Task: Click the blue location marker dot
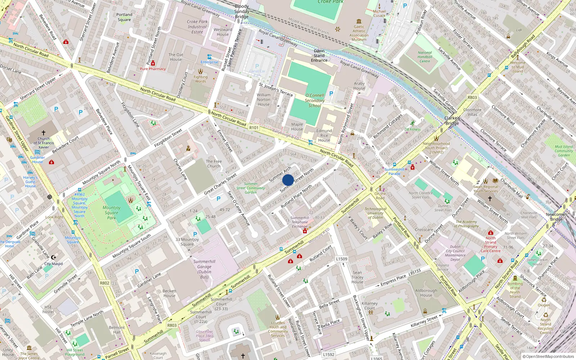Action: (288, 180)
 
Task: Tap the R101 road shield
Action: (254, 127)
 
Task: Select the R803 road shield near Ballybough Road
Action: (472, 98)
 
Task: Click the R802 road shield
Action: (104, 283)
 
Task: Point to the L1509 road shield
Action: (341, 259)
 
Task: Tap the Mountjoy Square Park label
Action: (112, 212)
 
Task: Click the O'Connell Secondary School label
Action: (315, 100)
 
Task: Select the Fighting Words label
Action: (201, 79)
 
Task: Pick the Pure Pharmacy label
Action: (153, 69)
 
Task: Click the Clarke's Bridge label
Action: (452, 121)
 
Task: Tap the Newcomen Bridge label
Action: (556, 217)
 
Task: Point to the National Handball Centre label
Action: (425, 57)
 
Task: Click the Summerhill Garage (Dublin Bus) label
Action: (204, 269)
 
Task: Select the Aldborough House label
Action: (426, 293)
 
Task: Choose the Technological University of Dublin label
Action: (375, 213)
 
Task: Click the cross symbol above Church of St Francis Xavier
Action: (44, 133)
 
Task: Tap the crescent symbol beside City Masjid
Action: (54, 257)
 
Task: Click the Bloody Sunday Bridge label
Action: (242, 12)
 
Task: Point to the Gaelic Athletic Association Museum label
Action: (359, 33)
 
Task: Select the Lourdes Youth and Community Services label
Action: (278, 329)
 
